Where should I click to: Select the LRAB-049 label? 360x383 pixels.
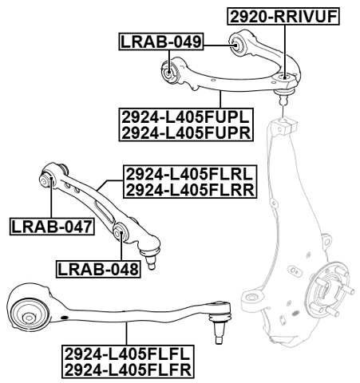(x=160, y=41)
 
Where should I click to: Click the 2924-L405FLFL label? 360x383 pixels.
(x=129, y=354)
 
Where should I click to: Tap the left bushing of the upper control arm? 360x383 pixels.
(x=169, y=72)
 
